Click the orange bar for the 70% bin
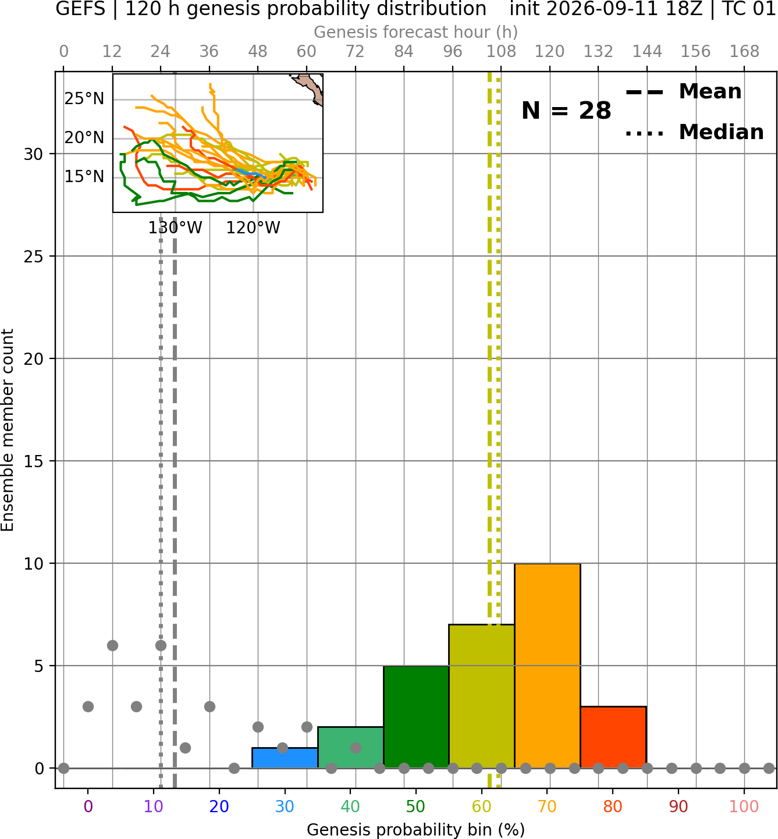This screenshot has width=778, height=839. click(547, 666)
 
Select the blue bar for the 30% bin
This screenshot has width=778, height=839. click(285, 758)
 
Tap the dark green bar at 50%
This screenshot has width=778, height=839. click(416, 716)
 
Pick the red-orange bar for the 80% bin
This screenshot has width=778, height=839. click(613, 737)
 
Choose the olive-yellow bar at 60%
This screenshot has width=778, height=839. click(482, 696)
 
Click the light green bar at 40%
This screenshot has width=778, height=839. click(350, 747)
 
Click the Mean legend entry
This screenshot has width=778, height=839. click(683, 92)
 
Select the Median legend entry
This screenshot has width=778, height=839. click(694, 132)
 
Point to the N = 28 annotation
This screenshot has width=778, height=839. click(566, 111)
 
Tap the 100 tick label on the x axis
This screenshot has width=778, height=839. click(744, 806)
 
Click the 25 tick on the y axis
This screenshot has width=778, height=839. click(34, 256)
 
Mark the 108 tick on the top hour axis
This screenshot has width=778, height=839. click(501, 52)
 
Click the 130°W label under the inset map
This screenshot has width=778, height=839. click(175, 228)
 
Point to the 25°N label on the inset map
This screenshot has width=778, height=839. click(84, 99)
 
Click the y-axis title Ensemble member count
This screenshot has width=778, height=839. click(7, 430)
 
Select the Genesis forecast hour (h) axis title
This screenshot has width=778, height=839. click(416, 32)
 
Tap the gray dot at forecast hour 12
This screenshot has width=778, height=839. click(112, 645)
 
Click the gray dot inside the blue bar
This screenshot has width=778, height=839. click(282, 748)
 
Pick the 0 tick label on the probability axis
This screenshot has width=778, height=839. click(88, 806)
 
